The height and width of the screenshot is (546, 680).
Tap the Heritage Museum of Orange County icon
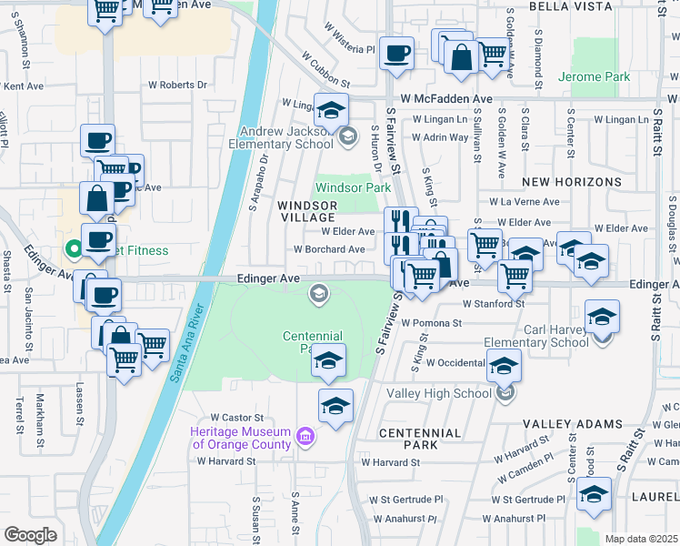(x=305, y=439)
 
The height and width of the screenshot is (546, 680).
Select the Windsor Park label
(x=353, y=188)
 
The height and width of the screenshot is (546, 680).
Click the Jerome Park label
(x=595, y=77)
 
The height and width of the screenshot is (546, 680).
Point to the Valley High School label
(x=439, y=393)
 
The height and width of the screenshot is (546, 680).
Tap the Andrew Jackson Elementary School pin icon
(x=346, y=136)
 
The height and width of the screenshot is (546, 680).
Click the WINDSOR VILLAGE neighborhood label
(x=306, y=212)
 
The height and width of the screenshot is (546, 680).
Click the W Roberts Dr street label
(x=177, y=85)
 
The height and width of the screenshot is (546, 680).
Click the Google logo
(x=30, y=534)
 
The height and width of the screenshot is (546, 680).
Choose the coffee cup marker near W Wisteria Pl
(x=395, y=54)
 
